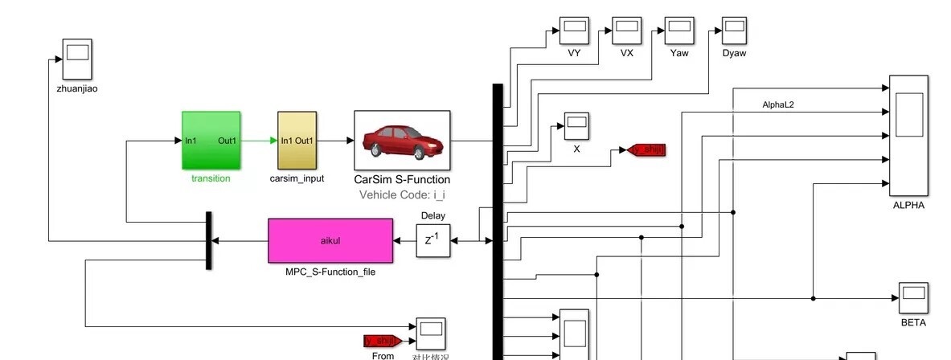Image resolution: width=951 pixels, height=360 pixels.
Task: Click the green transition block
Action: coord(211,141)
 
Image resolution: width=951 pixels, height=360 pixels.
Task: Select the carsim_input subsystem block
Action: coord(297,141)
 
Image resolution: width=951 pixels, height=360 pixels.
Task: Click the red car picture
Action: coord(402,141)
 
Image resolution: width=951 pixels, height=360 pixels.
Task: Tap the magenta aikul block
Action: coord(330,240)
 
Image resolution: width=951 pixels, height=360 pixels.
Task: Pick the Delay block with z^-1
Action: coord(432,240)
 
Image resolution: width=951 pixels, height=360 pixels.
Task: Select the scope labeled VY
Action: coord(574,31)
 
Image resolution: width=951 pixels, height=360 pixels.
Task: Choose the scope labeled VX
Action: coord(627,31)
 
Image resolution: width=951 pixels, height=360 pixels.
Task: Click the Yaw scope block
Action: coord(679,31)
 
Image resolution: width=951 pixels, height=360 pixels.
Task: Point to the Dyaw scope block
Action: coord(734,31)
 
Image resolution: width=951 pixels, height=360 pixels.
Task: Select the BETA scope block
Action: coord(913,297)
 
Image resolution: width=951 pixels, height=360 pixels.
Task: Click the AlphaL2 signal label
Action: coord(777,104)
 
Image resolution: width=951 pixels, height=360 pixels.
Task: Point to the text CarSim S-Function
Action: coord(402,180)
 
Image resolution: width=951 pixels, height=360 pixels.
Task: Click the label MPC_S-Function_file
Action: coord(330,272)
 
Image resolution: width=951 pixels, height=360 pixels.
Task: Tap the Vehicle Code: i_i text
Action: coord(402,194)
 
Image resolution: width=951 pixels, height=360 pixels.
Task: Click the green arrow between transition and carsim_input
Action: coord(259,141)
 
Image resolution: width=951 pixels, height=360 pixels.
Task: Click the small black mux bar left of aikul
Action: coord(208,240)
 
